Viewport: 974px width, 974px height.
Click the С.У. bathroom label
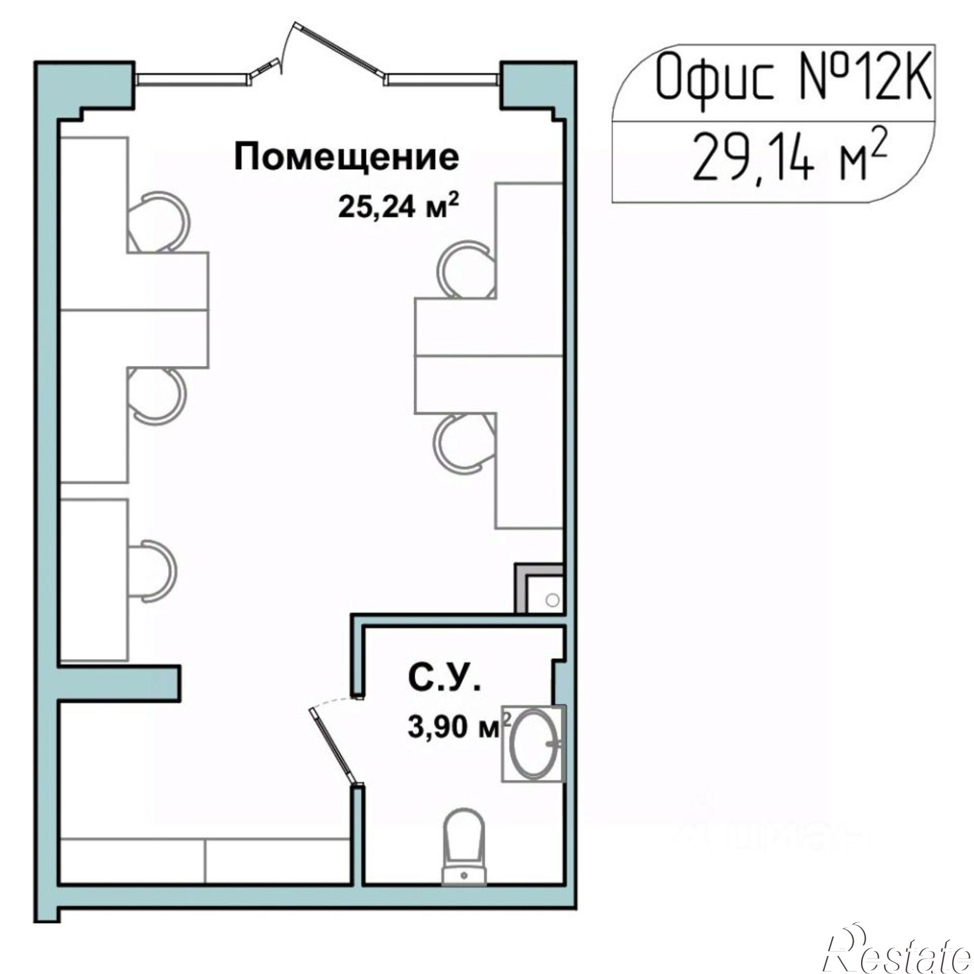tap(445, 681)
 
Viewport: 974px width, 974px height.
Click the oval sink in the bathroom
tap(535, 743)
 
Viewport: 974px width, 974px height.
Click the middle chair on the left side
tap(156, 396)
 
